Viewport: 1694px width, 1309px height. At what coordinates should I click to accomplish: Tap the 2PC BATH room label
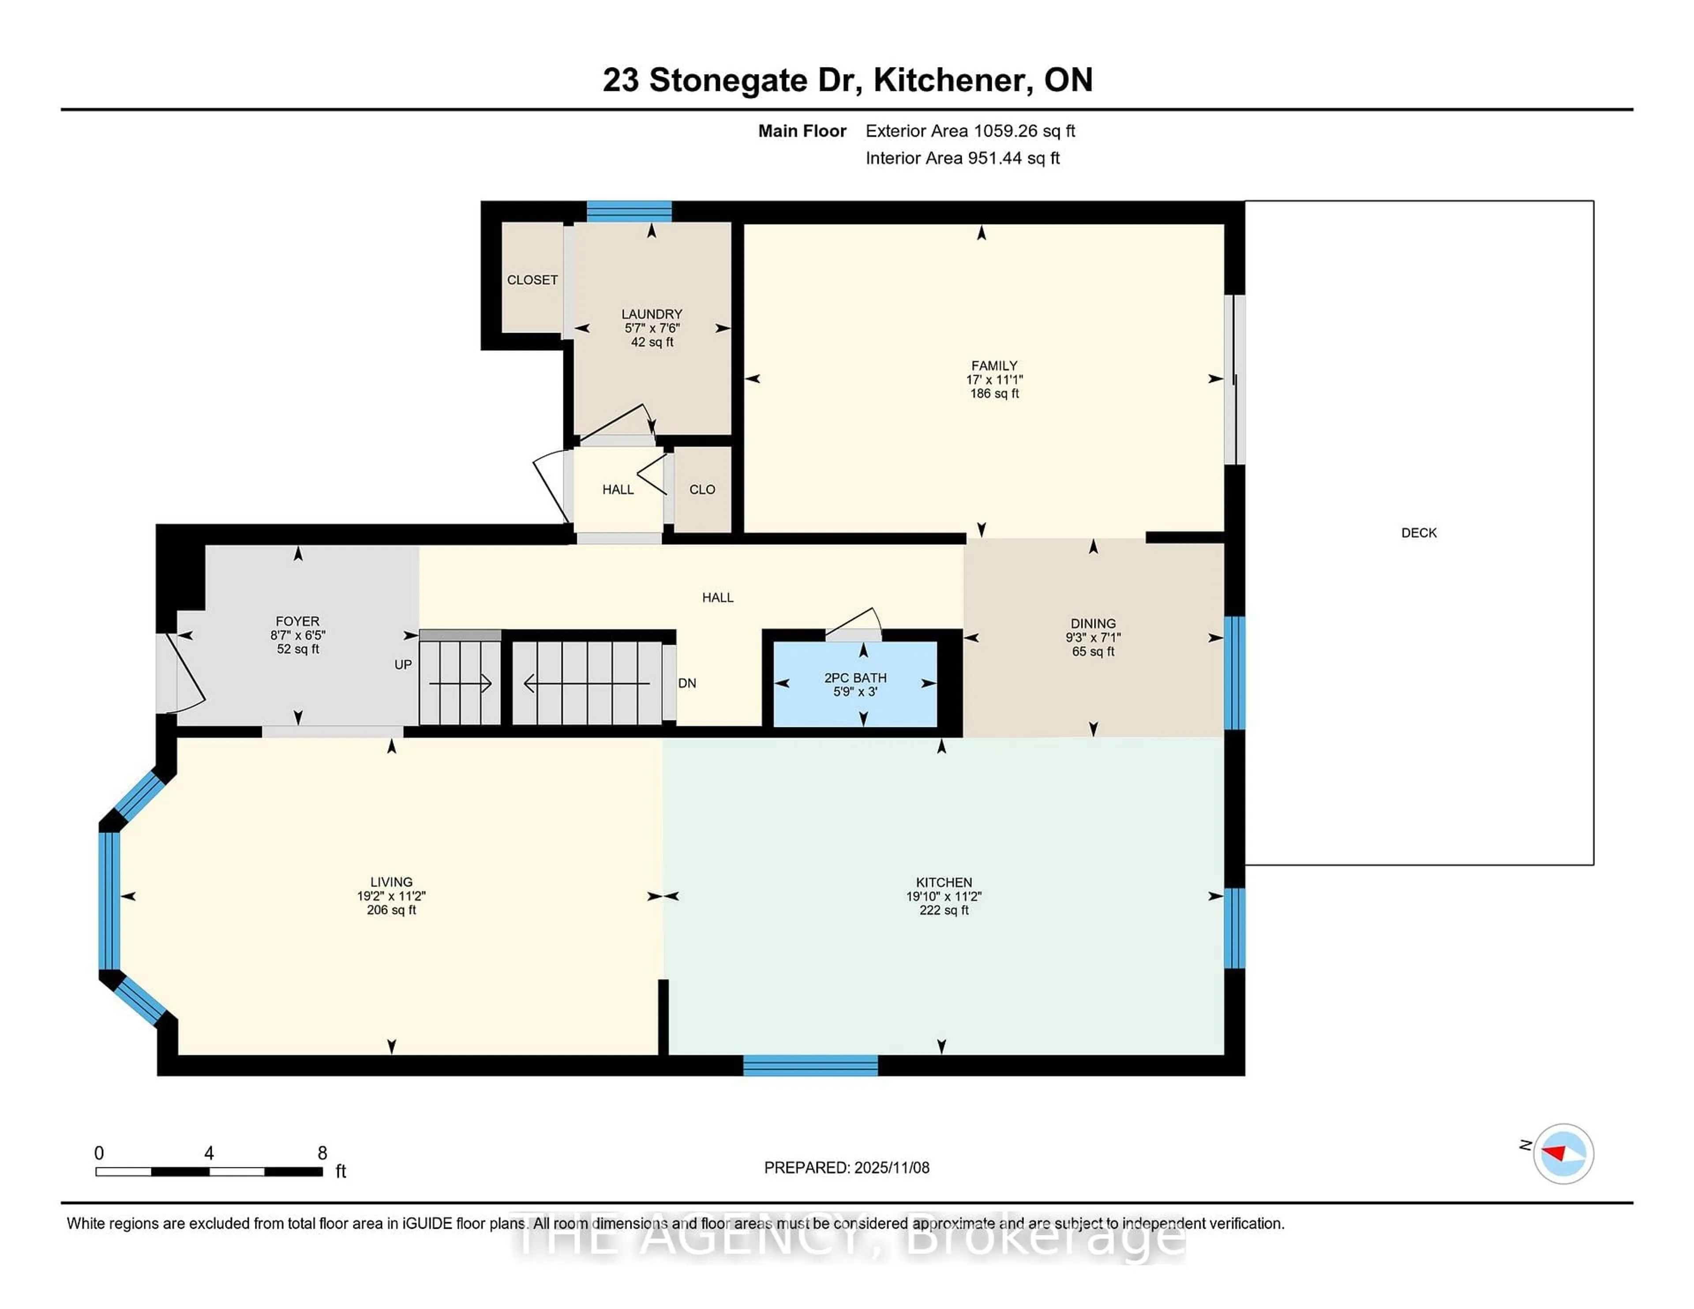[855, 678]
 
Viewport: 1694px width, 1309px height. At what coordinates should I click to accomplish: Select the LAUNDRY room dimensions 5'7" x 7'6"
[652, 328]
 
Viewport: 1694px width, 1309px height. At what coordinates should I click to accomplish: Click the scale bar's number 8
[322, 1153]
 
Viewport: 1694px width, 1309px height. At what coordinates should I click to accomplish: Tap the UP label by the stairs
[403, 665]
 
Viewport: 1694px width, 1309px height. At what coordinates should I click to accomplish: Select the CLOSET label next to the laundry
[532, 280]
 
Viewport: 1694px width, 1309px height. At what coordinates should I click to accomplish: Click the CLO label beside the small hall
[702, 489]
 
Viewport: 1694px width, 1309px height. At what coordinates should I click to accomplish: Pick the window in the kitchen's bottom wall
[810, 1066]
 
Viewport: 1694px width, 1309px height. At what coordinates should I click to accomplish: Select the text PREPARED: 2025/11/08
[846, 1168]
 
